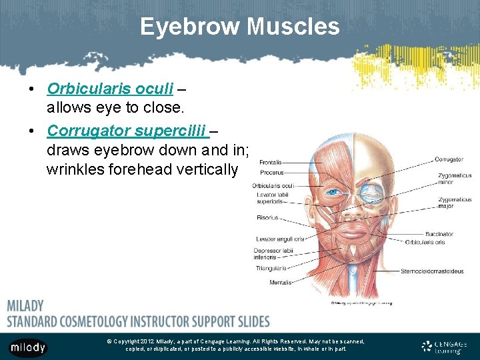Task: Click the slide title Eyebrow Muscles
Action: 240,27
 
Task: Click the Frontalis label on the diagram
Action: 271,162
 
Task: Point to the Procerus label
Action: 272,173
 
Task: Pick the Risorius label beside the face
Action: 267,218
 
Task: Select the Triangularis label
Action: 271,269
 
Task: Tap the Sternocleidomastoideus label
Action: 432,271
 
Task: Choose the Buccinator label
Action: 439,234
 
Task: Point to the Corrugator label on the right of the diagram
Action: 449,160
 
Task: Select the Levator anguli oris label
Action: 280,239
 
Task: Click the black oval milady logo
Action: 28,347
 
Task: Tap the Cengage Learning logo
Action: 445,347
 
